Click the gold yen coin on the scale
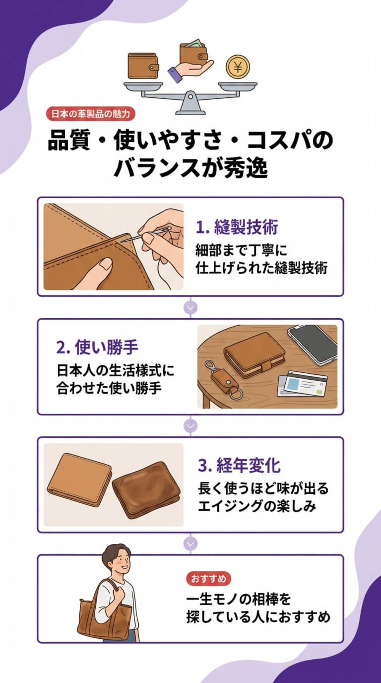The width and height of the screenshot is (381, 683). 238,67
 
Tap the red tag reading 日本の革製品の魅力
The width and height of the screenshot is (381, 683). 90,114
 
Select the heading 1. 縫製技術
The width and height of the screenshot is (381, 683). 237,227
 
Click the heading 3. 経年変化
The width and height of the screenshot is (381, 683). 239,465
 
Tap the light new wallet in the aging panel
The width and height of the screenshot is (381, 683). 79,480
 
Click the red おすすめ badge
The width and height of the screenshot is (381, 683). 208,579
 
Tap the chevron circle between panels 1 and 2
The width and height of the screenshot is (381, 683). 190,308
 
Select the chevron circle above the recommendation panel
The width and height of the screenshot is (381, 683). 190,544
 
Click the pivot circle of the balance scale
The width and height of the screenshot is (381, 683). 190,95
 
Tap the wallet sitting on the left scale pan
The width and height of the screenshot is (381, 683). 143,66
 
